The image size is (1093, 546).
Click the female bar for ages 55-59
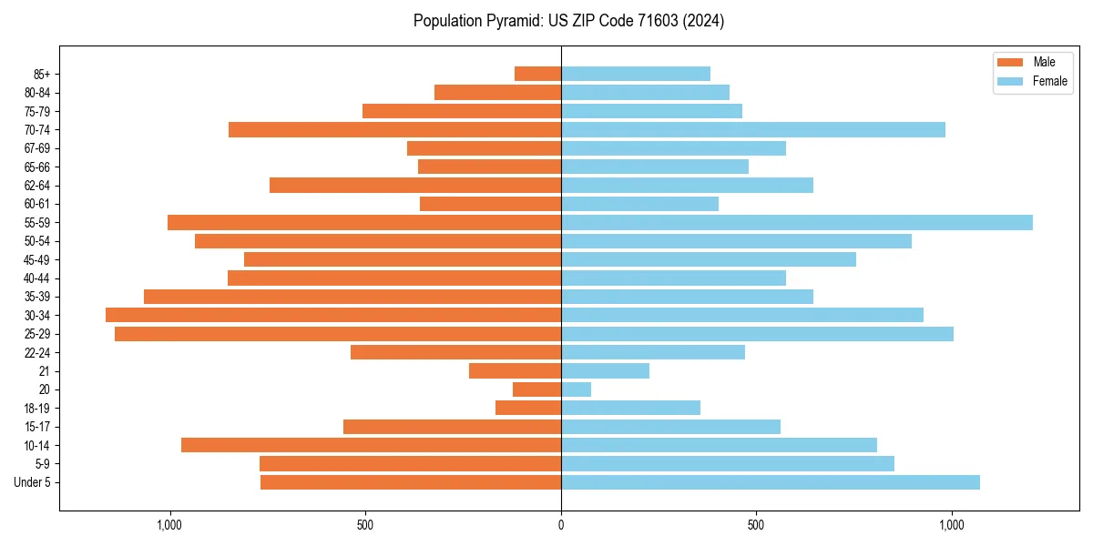(797, 222)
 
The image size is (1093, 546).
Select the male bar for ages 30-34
(333, 315)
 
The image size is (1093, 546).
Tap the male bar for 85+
(537, 74)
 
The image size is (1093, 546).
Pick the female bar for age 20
(576, 389)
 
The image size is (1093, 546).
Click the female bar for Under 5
(771, 482)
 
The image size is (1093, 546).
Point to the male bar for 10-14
(371, 445)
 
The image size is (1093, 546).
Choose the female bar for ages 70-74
(753, 129)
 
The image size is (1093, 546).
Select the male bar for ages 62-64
(415, 185)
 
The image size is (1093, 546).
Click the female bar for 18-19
(630, 408)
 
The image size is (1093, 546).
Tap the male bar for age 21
(515, 370)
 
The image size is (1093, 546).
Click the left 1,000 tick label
(169, 525)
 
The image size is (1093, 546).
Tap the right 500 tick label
(756, 525)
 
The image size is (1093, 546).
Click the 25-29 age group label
(37, 334)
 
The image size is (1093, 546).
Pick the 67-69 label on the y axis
(37, 148)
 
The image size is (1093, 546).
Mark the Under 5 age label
(33, 482)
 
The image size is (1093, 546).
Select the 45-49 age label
(37, 259)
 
